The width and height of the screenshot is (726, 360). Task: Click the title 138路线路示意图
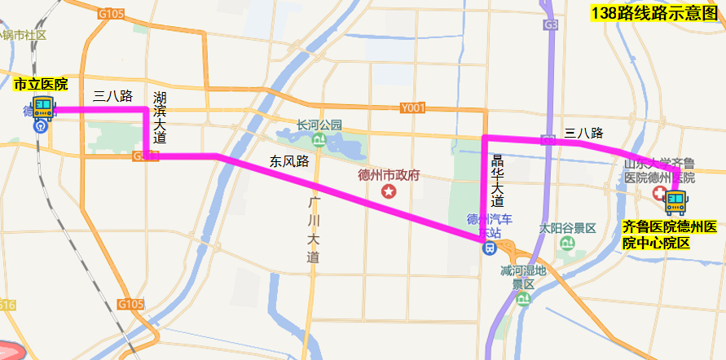(657, 12)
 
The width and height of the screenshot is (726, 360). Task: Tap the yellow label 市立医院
(41, 84)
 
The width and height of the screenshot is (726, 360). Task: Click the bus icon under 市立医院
(43, 108)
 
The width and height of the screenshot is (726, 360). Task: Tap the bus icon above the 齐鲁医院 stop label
(675, 201)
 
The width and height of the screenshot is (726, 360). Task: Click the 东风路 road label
(289, 161)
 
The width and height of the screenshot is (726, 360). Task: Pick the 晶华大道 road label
(497, 182)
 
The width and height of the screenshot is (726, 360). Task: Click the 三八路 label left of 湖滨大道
(113, 96)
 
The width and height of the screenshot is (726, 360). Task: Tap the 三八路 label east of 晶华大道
(583, 133)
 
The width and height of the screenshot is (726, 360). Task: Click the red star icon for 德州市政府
(389, 191)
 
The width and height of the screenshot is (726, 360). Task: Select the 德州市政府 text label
(389, 175)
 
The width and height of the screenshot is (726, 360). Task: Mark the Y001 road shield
(413, 108)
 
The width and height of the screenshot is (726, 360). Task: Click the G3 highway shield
(552, 25)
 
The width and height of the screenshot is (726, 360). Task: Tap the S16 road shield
(7, 305)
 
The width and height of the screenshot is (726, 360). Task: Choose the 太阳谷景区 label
(568, 229)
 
